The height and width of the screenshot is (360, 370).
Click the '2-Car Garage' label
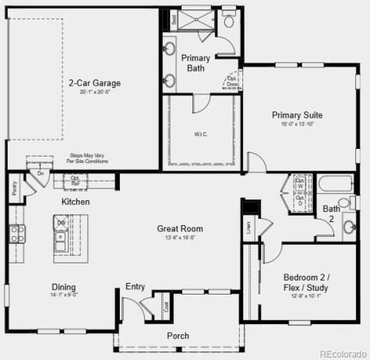[94, 83]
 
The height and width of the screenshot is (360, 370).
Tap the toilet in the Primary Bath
[227, 23]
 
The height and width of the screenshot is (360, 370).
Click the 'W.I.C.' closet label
[201, 134]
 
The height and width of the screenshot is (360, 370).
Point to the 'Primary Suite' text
[298, 115]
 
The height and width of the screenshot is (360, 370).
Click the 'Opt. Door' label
[232, 80]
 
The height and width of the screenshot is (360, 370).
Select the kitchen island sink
[61, 248]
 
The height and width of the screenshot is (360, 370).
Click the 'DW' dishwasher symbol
[61, 222]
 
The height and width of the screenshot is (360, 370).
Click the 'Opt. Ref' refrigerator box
[76, 181]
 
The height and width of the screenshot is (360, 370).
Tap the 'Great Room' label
[180, 228]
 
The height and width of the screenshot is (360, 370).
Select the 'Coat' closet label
[166, 307]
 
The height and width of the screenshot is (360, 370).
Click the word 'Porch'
[178, 336]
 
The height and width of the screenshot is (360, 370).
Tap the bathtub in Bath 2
[335, 185]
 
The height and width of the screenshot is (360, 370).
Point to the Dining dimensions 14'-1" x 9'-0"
[64, 295]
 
